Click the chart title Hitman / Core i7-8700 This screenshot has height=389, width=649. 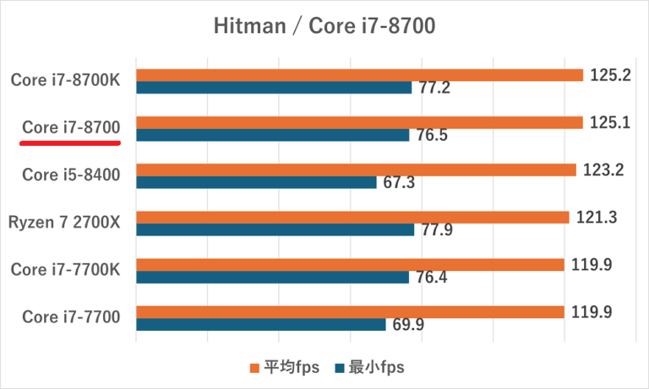[324, 28]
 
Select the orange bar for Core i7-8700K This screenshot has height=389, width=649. [360, 75]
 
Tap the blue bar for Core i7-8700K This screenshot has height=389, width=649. [274, 87]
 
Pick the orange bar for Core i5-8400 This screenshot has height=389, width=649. [356, 170]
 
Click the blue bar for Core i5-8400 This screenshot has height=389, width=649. [256, 182]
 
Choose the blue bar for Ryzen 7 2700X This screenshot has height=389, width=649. [275, 230]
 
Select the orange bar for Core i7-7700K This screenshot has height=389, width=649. [350, 265]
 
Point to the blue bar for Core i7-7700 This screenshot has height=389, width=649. [261, 324]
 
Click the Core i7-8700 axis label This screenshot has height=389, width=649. [72, 127]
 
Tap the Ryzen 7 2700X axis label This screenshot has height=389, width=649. [65, 223]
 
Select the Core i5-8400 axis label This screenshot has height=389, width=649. [72, 176]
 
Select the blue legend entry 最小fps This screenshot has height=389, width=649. [372, 367]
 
